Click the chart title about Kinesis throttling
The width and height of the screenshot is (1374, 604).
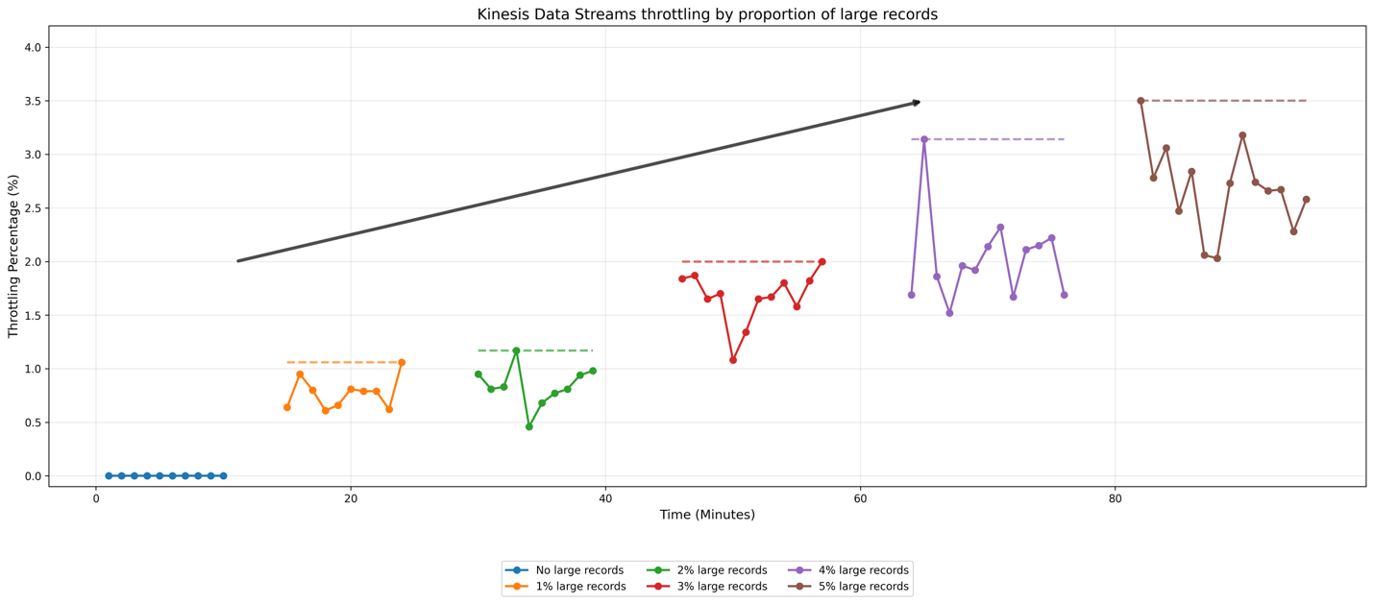[x=707, y=14]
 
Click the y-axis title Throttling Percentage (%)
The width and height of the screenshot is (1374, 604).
[x=13, y=255]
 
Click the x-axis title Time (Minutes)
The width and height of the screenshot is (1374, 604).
[x=707, y=515]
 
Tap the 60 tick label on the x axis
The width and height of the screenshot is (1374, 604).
[x=860, y=499]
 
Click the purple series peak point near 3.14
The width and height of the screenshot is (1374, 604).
[x=924, y=139]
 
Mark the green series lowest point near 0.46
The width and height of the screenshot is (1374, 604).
[x=528, y=426]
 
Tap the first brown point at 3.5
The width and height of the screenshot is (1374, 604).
[x=1141, y=101]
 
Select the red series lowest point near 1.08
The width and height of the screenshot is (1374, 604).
[x=733, y=360]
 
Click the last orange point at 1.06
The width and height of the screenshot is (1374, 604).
[x=402, y=362]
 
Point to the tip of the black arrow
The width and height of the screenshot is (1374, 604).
[x=920, y=101]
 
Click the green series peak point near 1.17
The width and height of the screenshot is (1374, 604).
[x=516, y=350]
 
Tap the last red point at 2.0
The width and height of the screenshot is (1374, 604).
[x=822, y=261]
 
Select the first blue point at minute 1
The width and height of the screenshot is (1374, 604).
[x=109, y=475]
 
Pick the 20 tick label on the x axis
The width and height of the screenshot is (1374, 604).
[x=351, y=499]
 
